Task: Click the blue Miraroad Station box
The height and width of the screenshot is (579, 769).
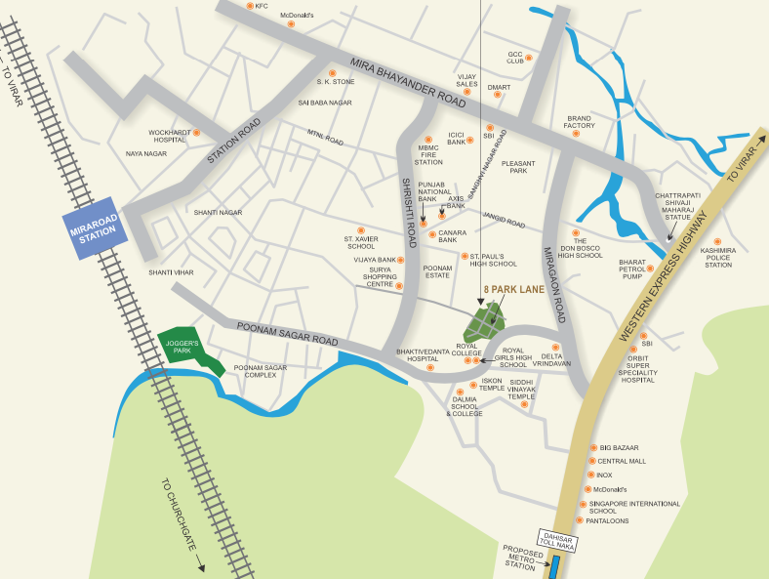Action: pos(93,232)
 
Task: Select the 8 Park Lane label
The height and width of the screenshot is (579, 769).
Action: pos(508,290)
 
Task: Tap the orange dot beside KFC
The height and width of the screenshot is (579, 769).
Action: pos(249,6)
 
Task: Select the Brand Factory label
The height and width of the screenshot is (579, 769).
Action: pos(580,121)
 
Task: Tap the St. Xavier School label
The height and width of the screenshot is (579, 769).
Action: pos(360,242)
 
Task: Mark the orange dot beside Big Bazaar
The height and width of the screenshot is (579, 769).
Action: pos(592,446)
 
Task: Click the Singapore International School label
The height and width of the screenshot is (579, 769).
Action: pos(634,507)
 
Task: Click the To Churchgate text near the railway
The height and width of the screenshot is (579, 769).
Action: pos(182,522)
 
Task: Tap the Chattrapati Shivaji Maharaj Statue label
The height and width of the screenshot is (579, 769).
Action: pos(678,206)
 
